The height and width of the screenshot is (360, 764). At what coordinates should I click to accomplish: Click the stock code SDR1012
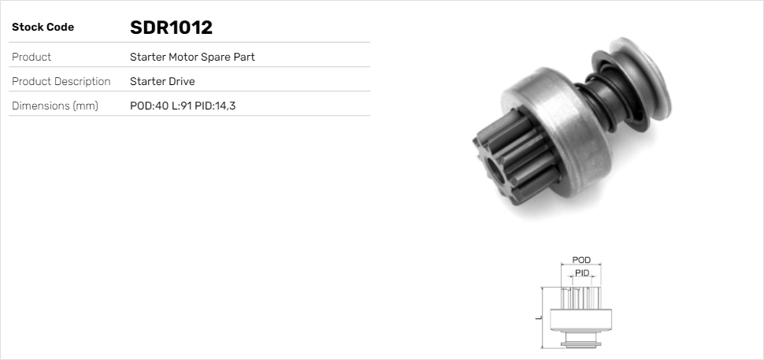(x=171, y=28)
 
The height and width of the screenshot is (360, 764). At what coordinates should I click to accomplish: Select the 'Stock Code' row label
(x=43, y=28)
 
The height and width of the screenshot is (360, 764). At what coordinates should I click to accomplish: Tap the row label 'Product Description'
(x=61, y=81)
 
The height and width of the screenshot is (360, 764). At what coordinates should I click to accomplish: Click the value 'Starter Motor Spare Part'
(x=192, y=58)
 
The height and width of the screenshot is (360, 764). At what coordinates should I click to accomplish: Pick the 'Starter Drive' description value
(x=162, y=81)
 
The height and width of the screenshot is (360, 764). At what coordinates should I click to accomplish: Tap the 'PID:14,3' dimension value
(x=215, y=106)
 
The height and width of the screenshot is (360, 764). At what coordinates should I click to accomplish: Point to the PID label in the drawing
(x=582, y=273)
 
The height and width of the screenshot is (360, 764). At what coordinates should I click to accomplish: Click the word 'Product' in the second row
(x=32, y=58)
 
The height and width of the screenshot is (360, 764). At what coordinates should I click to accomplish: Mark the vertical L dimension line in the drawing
(x=543, y=317)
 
